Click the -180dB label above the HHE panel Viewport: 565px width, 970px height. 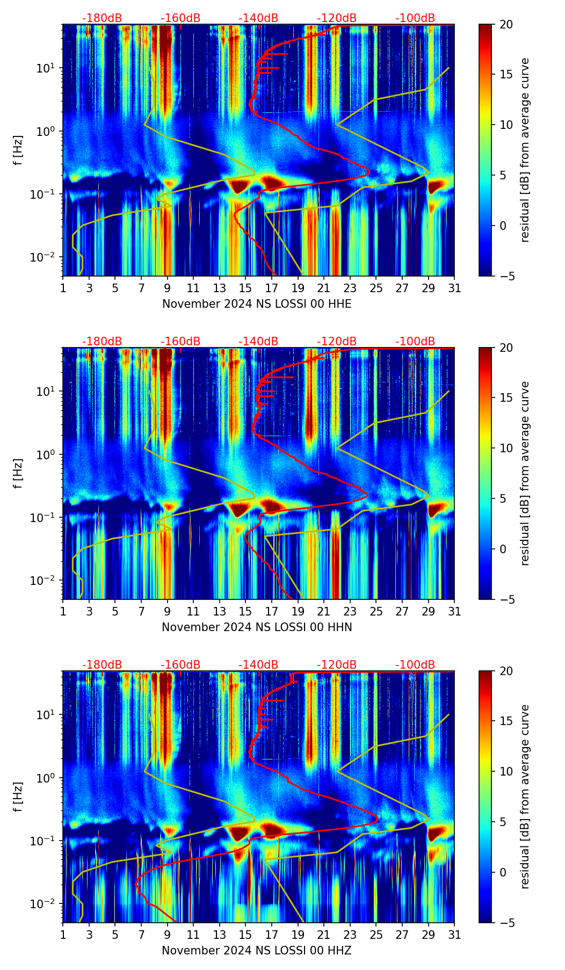click(x=102, y=18)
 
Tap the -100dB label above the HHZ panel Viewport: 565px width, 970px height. click(x=415, y=665)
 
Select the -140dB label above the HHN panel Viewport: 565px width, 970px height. click(x=258, y=342)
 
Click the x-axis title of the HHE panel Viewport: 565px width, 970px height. click(x=257, y=304)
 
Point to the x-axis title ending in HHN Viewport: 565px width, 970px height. click(x=257, y=627)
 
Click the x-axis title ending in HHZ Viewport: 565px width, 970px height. click(x=257, y=951)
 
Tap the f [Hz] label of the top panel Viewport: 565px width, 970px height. click(x=18, y=150)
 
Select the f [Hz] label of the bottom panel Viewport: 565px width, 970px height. click(x=18, y=797)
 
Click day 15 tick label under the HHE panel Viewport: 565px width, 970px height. click(x=245, y=288)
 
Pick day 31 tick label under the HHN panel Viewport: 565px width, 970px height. click(x=454, y=612)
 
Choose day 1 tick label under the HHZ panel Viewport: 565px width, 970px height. click(x=63, y=935)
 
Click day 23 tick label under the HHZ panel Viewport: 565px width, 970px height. click(x=350, y=935)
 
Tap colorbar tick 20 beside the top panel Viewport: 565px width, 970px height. click(x=506, y=24)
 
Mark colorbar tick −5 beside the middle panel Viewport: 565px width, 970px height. click(x=506, y=599)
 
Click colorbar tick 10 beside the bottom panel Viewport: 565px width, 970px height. click(x=506, y=772)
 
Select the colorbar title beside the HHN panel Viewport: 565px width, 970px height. click(x=525, y=473)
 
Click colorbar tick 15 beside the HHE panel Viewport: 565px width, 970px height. click(x=506, y=75)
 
